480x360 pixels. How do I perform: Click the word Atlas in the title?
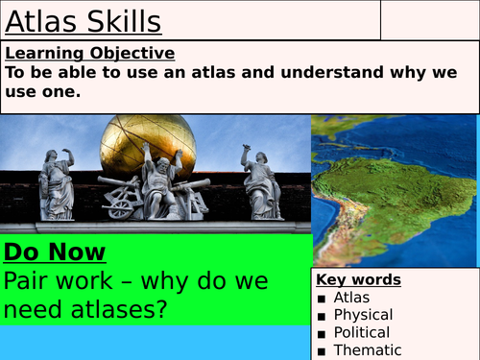click(x=39, y=20)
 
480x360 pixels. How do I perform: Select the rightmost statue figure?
click(x=260, y=183)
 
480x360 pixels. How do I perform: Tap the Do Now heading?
click(x=56, y=252)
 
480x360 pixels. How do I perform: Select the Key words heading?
click(x=359, y=279)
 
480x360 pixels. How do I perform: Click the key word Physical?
click(x=363, y=315)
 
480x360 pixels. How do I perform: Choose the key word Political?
click(x=363, y=332)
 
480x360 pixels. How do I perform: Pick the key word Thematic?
click(x=367, y=350)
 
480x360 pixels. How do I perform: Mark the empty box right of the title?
click(x=430, y=19)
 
